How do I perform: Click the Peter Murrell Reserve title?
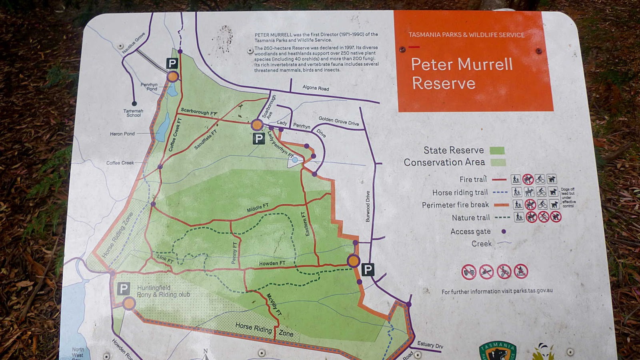462,74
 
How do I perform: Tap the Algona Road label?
316,88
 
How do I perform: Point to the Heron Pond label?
122,134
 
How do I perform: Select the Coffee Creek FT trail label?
175,135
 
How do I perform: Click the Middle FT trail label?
258,208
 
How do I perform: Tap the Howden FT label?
272,263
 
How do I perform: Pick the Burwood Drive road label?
368,206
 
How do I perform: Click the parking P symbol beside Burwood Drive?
368,270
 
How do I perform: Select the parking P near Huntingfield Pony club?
124,288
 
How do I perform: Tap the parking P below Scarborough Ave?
259,139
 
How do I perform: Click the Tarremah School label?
133,113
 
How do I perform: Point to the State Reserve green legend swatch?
497,150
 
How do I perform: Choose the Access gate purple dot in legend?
504,231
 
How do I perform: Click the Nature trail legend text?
470,218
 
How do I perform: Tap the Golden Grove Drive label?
338,121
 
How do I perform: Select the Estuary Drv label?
430,344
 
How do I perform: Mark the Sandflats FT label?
205,140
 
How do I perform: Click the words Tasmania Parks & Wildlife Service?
466,35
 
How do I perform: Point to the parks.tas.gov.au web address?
533,290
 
